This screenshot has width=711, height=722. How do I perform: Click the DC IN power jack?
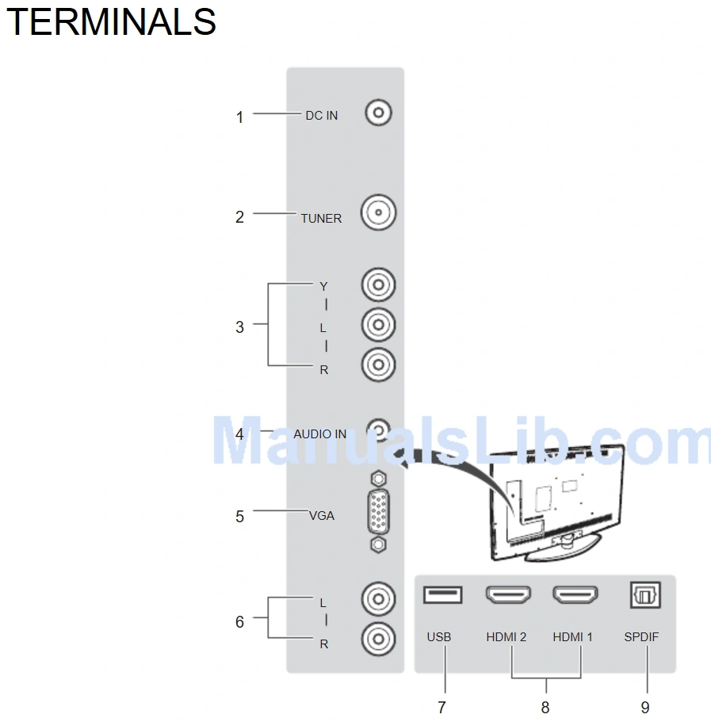pyautogui.click(x=379, y=113)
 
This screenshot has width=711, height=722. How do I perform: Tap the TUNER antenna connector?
pyautogui.click(x=378, y=213)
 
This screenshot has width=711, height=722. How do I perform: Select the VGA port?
pyautogui.click(x=379, y=512)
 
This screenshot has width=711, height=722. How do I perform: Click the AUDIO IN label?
pyautogui.click(x=319, y=434)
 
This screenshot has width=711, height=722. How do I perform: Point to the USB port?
pyautogui.click(x=442, y=594)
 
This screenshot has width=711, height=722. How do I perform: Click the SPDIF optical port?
pyautogui.click(x=644, y=594)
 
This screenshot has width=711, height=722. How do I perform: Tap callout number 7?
pyautogui.click(x=442, y=707)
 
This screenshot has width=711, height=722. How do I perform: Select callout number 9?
pyautogui.click(x=645, y=707)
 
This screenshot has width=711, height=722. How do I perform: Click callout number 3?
pyautogui.click(x=239, y=327)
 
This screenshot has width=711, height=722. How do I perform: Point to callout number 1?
pyautogui.click(x=239, y=117)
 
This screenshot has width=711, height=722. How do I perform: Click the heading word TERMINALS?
pyautogui.click(x=111, y=21)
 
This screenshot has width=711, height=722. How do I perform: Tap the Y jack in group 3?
pyautogui.click(x=378, y=284)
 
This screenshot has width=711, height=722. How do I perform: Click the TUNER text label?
pyautogui.click(x=321, y=219)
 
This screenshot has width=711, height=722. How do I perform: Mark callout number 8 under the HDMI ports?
pyautogui.click(x=545, y=707)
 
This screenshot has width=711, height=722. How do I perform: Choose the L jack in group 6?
pyautogui.click(x=378, y=600)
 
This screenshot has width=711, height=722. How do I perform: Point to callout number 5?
pyautogui.click(x=239, y=517)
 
